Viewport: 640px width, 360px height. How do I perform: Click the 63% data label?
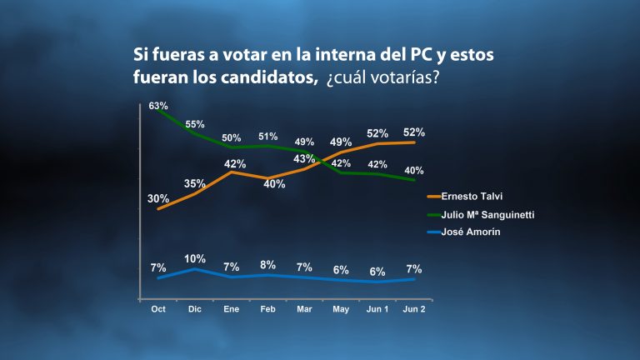pos(158,106)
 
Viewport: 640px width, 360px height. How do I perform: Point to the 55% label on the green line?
pos(195,124)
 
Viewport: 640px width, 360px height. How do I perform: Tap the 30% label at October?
pos(158,199)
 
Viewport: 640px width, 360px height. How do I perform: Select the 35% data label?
pos(194,183)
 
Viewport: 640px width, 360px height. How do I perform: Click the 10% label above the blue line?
pos(195,259)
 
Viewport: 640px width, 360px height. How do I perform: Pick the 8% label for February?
pos(267,265)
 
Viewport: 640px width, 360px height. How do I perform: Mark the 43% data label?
pos(304,158)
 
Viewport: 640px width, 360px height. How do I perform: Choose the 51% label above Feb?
pos(267,137)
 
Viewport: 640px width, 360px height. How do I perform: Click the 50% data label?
pos(232,138)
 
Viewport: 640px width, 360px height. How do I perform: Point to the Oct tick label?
pos(158,309)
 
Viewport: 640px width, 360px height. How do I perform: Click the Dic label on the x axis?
pos(195,309)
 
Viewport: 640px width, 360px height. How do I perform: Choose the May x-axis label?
pos(341,309)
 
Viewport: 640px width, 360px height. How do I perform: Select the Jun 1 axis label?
pos(377,309)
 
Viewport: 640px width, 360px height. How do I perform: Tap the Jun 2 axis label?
pos(414,309)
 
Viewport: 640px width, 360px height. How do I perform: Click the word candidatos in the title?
pos(269,77)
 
